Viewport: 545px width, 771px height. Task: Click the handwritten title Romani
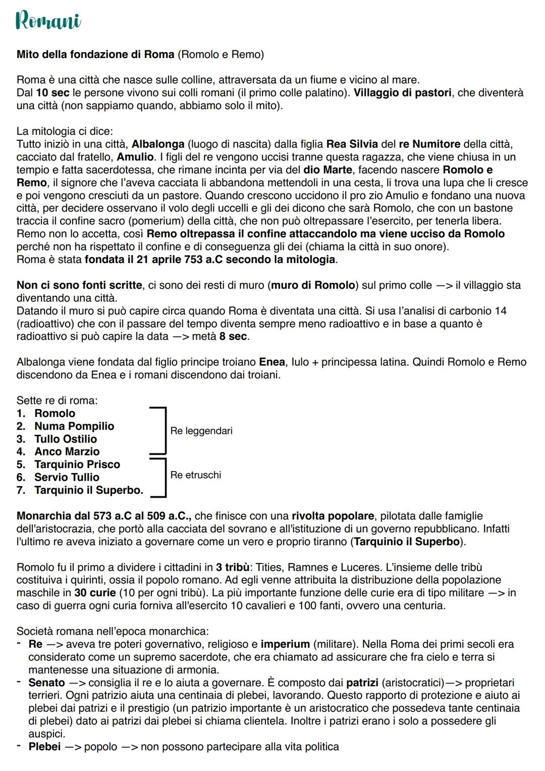pyautogui.click(x=48, y=21)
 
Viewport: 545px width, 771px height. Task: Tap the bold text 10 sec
pyautogui.click(x=53, y=93)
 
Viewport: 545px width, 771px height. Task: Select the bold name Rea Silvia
pyautogui.click(x=352, y=144)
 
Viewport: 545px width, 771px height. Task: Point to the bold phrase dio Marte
pyautogui.click(x=328, y=170)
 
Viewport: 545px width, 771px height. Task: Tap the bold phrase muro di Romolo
pyautogui.click(x=313, y=285)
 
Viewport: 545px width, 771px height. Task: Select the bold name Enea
pyautogui.click(x=272, y=362)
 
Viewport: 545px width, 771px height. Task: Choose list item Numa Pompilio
pyautogui.click(x=74, y=426)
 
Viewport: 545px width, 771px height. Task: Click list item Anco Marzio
pyautogui.click(x=67, y=451)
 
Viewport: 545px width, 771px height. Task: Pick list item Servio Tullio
pyautogui.click(x=67, y=477)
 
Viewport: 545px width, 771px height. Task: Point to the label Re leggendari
pyautogui.click(x=201, y=431)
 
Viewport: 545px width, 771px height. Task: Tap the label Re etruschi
pyautogui.click(x=196, y=475)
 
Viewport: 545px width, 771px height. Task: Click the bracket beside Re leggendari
pyautogui.click(x=162, y=430)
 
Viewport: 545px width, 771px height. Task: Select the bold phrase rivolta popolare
pyautogui.click(x=333, y=516)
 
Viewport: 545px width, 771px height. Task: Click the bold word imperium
pyautogui.click(x=285, y=644)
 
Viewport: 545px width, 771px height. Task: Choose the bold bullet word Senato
pyautogui.click(x=46, y=683)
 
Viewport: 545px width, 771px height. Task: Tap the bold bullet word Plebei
pyautogui.click(x=44, y=746)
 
